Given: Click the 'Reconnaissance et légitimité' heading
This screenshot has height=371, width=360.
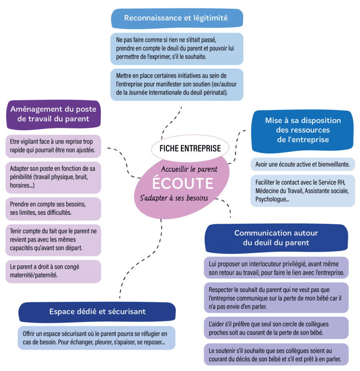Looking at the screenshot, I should [x=176, y=18].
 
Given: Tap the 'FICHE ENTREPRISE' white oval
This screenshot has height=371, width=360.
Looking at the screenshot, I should [x=190, y=148].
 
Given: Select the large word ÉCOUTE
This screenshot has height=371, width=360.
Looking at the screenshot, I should [x=182, y=183].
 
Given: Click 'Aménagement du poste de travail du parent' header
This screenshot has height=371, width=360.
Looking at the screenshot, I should [x=53, y=114].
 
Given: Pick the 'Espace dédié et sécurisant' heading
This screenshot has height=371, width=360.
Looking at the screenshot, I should [x=97, y=311].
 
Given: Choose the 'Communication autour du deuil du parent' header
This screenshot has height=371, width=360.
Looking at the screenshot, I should [x=277, y=238].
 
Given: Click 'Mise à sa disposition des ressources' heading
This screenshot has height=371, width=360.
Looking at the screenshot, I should [x=303, y=130].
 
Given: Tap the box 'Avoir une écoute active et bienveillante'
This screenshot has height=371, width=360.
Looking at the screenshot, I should [x=303, y=164].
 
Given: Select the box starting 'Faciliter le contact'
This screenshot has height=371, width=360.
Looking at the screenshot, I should [x=303, y=191].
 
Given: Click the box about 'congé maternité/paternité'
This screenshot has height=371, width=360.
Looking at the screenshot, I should [x=53, y=271].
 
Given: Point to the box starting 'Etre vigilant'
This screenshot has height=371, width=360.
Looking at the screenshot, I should [x=53, y=146].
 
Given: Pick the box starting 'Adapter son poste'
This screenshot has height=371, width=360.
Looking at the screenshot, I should [x=53, y=176].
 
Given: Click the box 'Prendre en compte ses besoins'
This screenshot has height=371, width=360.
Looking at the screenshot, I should [x=53, y=208].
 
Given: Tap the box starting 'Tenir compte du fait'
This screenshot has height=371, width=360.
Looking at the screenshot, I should [x=53, y=240].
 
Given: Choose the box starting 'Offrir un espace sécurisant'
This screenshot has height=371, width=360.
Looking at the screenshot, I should [x=97, y=337].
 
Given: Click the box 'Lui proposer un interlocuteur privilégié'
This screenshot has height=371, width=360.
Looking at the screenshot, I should [x=277, y=268].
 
